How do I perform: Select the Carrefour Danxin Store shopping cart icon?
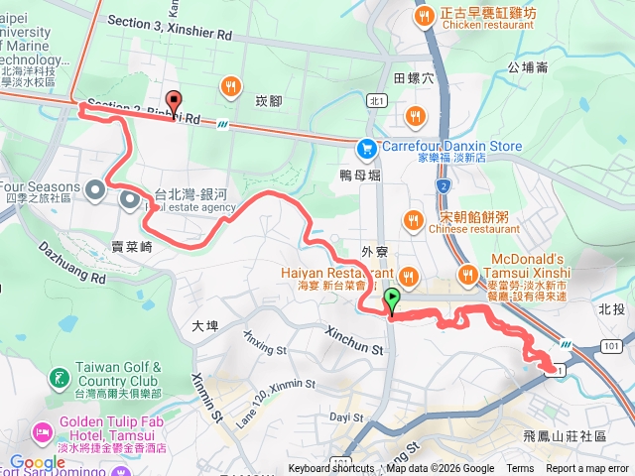point(367,147)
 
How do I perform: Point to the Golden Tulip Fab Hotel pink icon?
point(43,432)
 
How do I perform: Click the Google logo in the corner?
point(37,462)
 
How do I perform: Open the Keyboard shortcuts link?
point(331,469)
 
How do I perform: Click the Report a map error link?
point(587,469)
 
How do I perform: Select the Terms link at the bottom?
point(520,469)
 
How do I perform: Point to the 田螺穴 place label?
point(414,77)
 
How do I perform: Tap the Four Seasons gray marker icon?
point(95,188)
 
